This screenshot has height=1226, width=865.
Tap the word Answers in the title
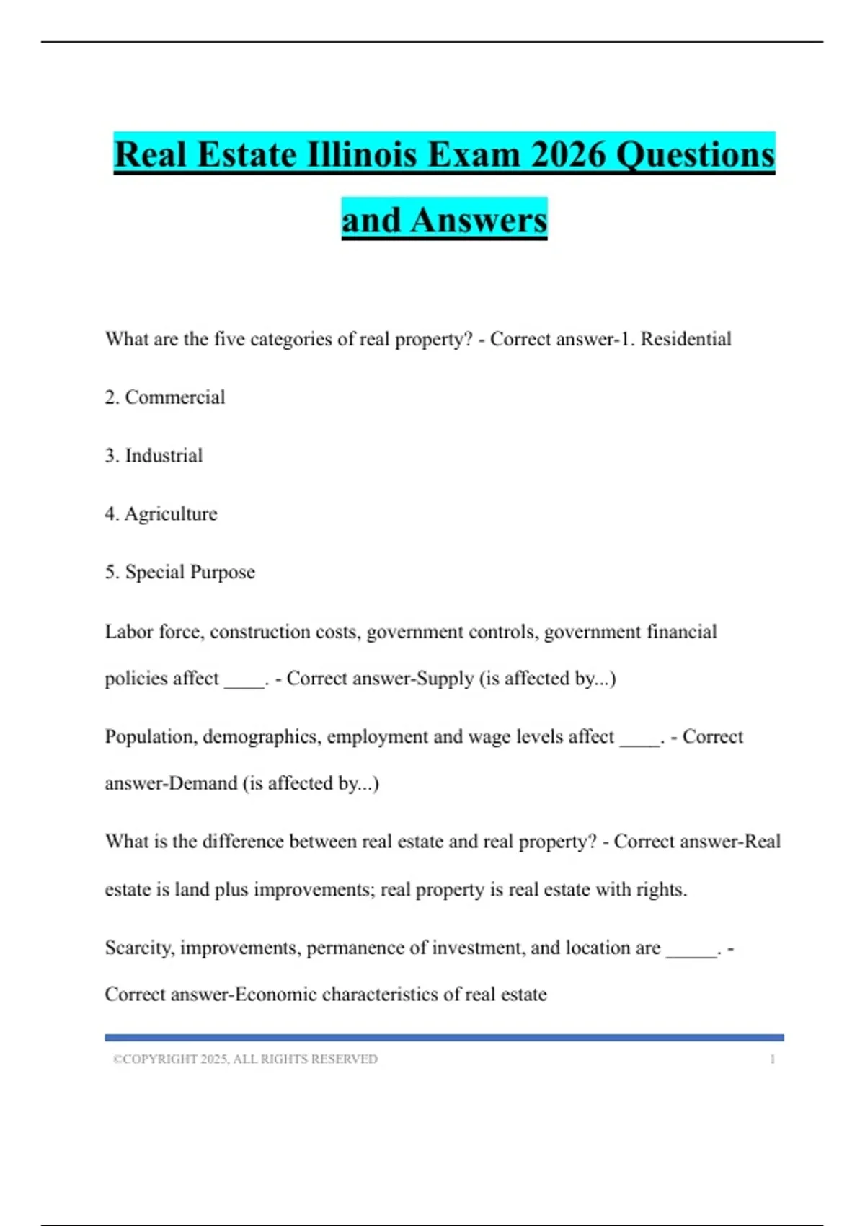479,220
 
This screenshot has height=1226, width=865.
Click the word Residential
686,339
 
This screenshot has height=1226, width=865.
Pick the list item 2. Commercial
165,397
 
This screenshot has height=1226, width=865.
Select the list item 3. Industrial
154,456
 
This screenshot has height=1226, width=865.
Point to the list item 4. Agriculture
161,514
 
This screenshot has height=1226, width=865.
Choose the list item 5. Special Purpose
179,573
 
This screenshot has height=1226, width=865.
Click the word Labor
128,632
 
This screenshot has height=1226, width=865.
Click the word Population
151,737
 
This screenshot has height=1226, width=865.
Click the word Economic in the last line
276,995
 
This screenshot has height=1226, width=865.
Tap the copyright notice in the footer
245,1059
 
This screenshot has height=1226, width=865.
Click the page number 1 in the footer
772,1059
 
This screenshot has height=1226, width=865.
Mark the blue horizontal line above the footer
444,1038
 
